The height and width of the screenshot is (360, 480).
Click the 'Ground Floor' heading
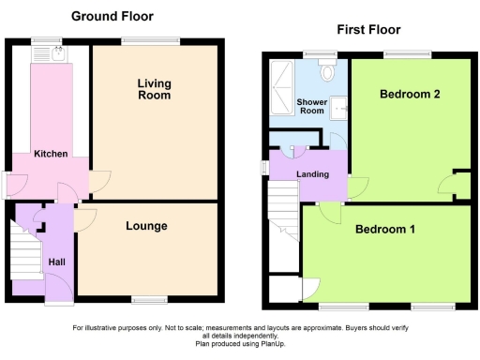[x=112, y=16]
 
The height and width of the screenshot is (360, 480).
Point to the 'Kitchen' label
[x=51, y=153]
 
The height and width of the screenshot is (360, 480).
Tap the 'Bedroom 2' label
[x=410, y=95]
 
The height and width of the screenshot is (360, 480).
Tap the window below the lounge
[x=145, y=300]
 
